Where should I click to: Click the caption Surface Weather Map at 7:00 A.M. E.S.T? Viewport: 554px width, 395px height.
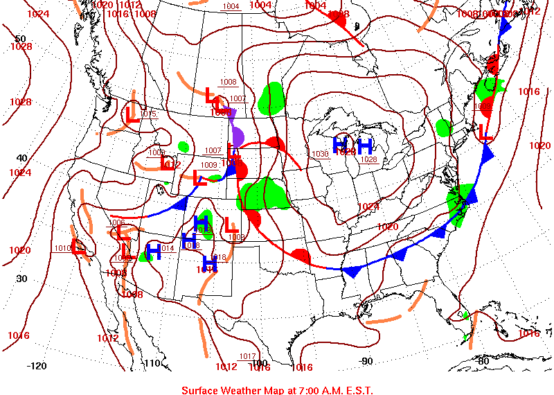coord(277,389)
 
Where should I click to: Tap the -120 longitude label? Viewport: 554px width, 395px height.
coord(37,366)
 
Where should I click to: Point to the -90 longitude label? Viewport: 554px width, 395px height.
coord(366,360)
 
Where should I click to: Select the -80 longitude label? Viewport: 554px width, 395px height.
coord(483,360)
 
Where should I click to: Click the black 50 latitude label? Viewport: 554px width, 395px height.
coord(21,38)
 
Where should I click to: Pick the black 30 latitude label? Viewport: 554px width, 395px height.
coord(21,279)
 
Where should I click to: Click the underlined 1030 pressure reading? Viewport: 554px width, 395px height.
coord(320,154)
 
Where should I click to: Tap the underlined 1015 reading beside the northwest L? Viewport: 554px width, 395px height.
coord(149,113)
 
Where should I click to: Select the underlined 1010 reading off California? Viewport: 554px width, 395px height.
coord(63,247)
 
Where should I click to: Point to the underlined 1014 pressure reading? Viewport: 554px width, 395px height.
coord(168,248)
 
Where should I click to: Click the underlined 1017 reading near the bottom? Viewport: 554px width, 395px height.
coord(247,356)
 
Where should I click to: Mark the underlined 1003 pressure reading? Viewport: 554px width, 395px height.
coord(157,152)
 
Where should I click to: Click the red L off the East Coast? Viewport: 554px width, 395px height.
coord(486,132)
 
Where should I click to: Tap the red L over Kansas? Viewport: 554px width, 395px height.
coord(232,225)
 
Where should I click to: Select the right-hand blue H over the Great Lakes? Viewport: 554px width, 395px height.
coord(364,146)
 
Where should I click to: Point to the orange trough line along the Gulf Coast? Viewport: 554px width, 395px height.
coord(383,319)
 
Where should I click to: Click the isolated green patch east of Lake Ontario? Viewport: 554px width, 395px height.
coord(443,128)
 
